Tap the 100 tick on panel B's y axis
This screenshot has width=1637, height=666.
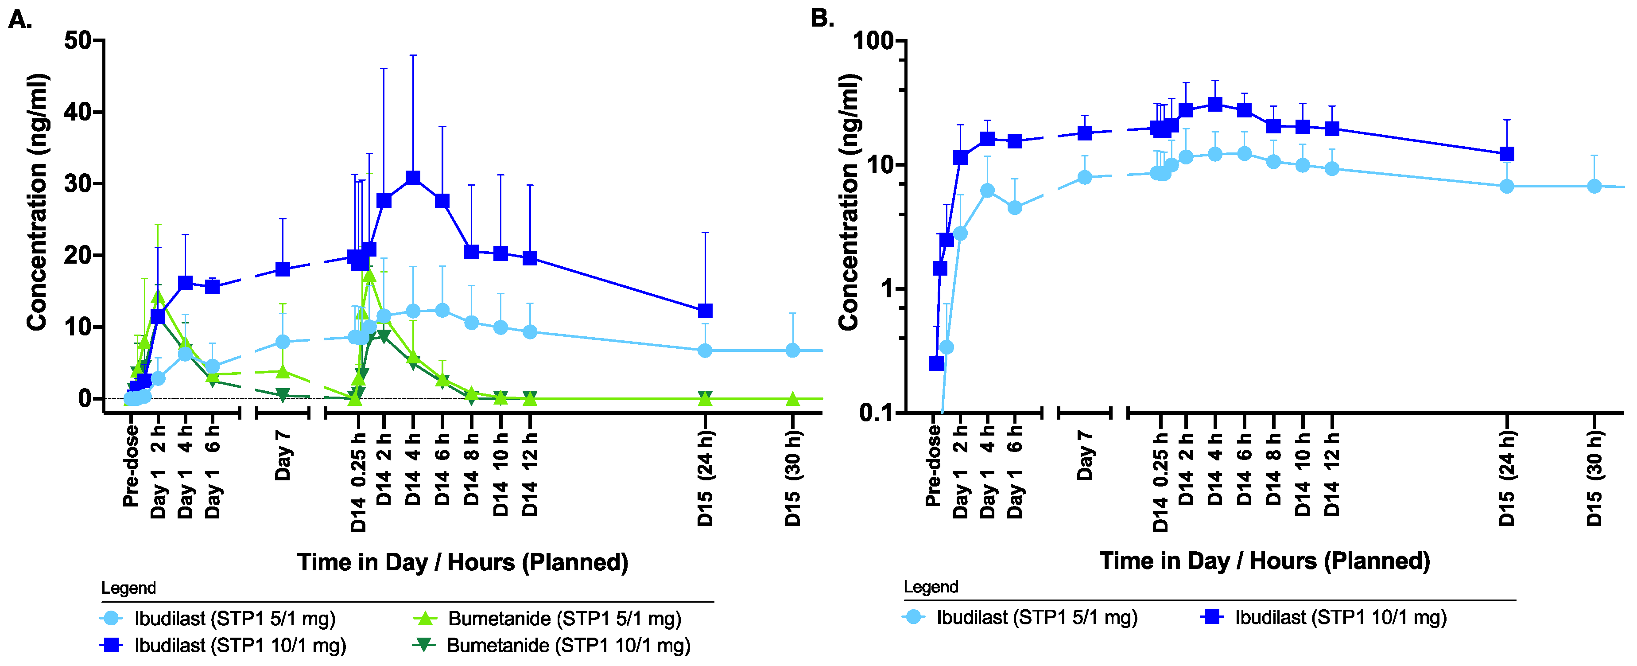(x=873, y=41)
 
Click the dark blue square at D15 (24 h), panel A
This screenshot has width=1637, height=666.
(x=705, y=311)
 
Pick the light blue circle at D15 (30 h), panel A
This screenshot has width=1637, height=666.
(x=792, y=350)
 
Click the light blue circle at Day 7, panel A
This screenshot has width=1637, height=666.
(x=283, y=342)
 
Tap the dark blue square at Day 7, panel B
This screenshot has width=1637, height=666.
(x=1085, y=133)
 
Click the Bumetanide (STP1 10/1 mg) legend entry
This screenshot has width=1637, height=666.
(x=567, y=646)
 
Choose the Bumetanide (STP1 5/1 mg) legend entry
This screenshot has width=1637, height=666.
(x=564, y=618)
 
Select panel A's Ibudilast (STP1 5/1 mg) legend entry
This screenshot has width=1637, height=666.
(x=234, y=618)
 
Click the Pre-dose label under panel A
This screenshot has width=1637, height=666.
(x=131, y=465)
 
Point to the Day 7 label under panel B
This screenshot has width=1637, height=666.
(x=1085, y=455)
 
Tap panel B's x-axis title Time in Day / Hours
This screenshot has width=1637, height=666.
(x=1264, y=561)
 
